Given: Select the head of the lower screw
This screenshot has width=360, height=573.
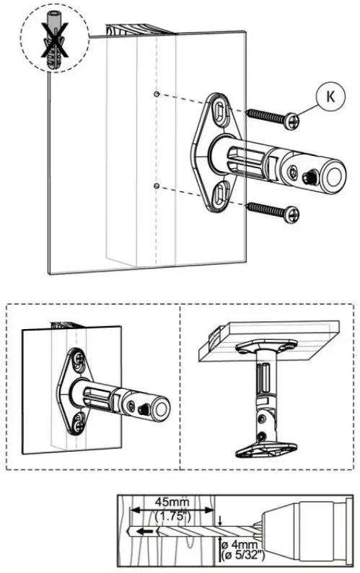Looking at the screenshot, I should [x=291, y=213].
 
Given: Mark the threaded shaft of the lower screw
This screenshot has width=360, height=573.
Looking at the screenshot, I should [x=265, y=209].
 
